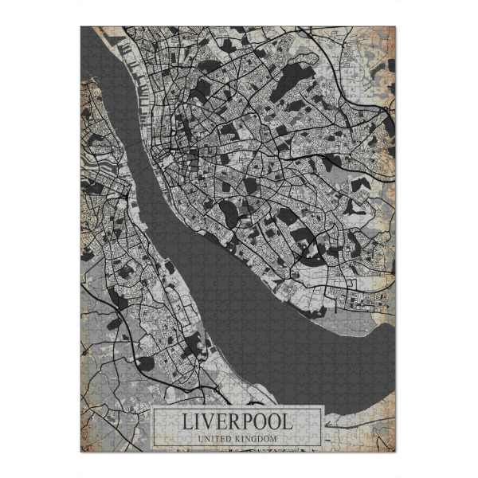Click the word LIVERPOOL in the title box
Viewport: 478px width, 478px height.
point(237,421)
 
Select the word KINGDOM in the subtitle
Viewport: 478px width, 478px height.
point(257,438)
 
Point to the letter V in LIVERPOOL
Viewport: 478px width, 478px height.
point(203,421)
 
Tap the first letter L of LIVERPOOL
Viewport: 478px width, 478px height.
point(186,421)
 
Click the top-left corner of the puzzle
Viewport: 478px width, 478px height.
point(81,27)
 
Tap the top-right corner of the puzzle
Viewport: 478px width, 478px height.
point(395,27)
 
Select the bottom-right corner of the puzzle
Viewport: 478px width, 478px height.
point(395,452)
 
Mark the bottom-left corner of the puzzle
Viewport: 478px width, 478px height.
point(81,452)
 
